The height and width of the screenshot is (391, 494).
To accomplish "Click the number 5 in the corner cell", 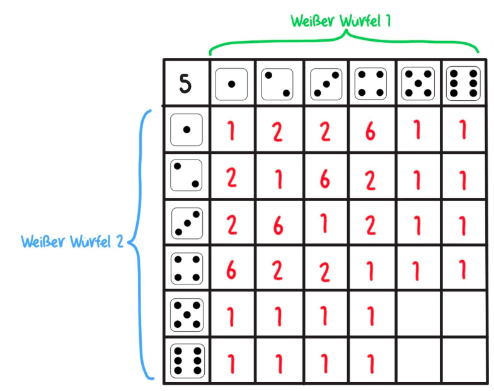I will pos(185,84).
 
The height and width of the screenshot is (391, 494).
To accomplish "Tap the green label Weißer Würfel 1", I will pos(341,20).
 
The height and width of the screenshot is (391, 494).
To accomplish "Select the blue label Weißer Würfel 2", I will pos(72,242).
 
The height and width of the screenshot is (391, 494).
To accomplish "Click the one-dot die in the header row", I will pos(232,84).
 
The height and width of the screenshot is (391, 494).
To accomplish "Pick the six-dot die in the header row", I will pos(462,84).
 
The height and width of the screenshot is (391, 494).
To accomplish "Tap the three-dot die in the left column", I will pos(187,223).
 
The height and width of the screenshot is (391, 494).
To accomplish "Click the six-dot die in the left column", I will pos(187,360).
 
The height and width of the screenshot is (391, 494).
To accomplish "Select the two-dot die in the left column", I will pos(187,175).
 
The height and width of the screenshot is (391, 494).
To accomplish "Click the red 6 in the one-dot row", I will pos(371,131).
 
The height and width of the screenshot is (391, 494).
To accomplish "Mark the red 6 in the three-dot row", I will pos(279,224).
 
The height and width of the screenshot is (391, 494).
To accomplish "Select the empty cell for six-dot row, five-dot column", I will pos(418,360).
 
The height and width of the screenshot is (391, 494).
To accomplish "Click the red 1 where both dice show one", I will pos(232,131).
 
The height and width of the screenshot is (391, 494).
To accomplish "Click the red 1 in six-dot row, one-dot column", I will pos(232,361).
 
